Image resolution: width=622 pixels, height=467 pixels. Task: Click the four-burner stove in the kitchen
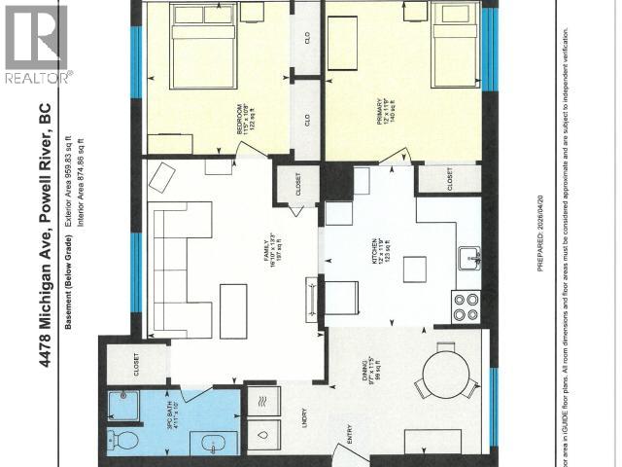466,306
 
